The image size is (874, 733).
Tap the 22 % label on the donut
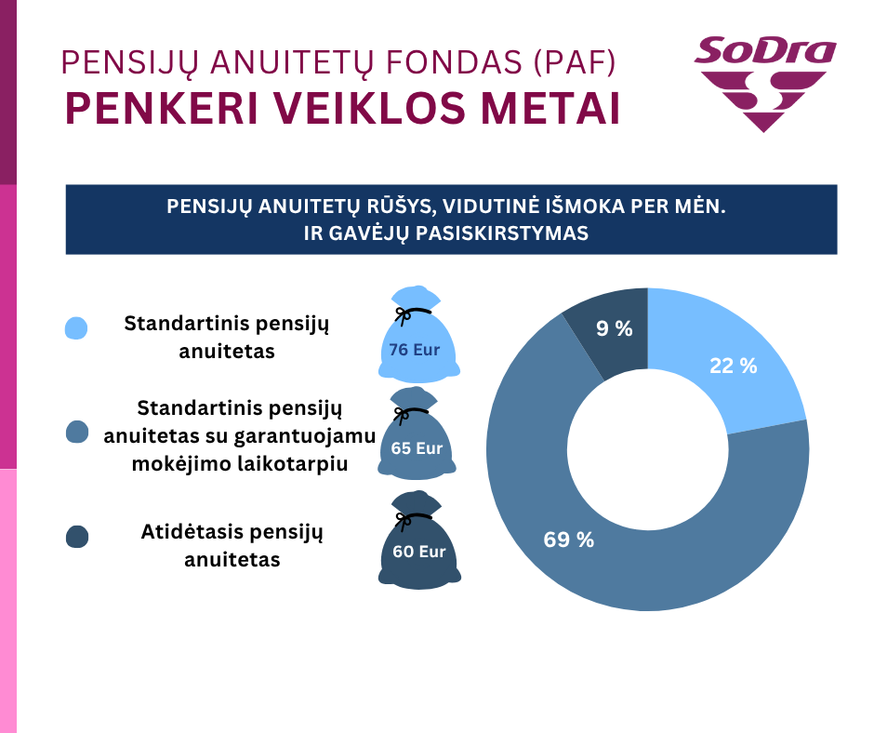pos(733,366)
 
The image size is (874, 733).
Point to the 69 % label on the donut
pos(569,540)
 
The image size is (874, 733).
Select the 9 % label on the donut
pos(613,327)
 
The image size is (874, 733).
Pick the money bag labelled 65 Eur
pos(417,444)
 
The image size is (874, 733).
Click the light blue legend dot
pos(77,328)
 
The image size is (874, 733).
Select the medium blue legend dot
pos(77,431)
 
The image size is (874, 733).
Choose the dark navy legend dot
pos(77,537)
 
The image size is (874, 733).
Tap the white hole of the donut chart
pos(647,449)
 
